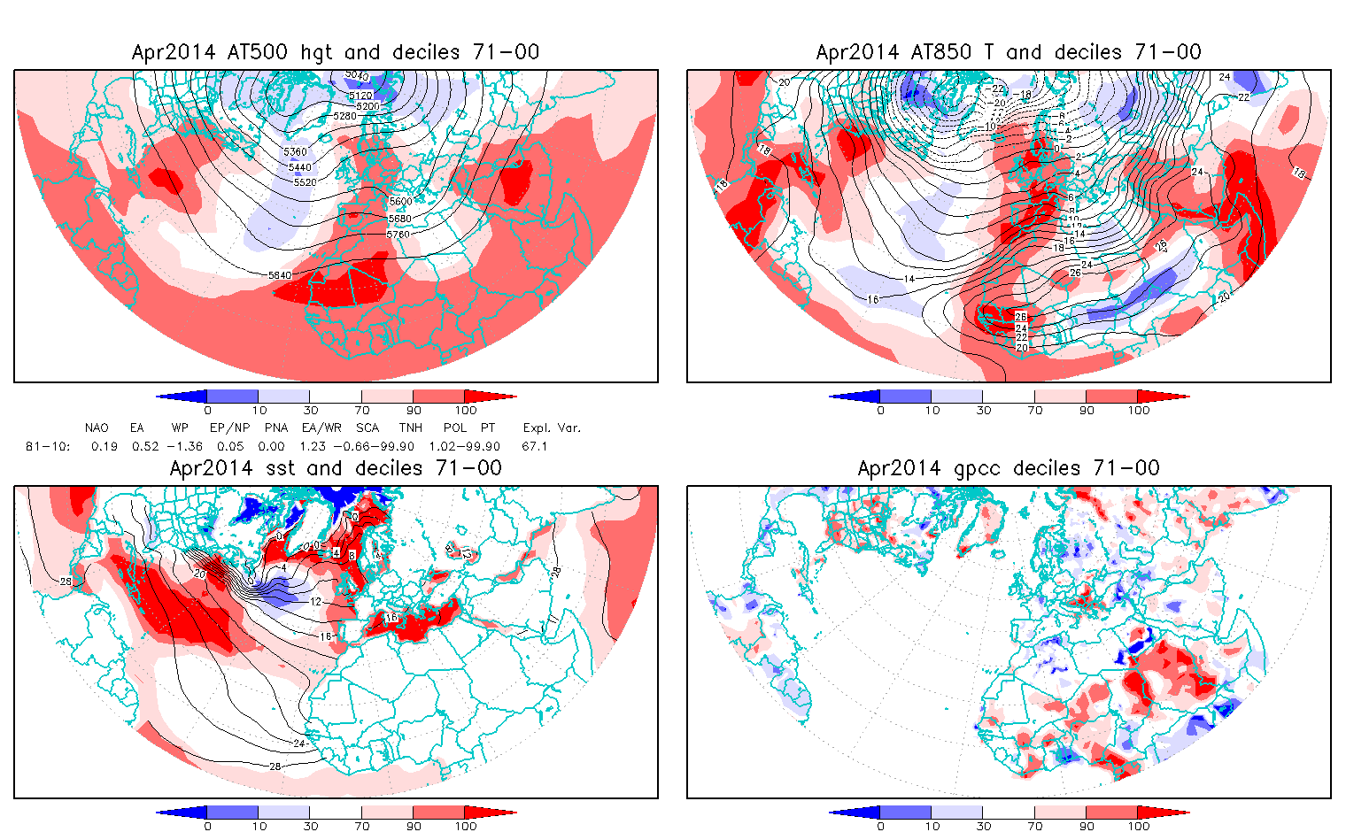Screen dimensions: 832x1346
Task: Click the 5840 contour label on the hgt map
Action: point(279,275)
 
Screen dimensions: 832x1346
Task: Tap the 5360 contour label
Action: point(296,152)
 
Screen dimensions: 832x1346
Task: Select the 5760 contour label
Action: point(398,235)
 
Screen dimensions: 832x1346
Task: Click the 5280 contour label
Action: point(344,116)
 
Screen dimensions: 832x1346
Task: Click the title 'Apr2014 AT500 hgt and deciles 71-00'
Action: point(336,52)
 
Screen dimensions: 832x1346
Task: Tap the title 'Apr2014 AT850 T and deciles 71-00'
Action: point(1009,52)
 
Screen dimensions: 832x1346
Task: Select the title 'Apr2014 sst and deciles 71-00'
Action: point(336,468)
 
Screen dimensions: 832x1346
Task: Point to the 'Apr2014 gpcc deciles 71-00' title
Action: point(1009,468)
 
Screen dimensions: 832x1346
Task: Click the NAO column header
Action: point(97,428)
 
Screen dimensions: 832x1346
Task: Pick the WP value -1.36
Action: point(185,446)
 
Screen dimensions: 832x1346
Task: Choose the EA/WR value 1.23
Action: point(313,446)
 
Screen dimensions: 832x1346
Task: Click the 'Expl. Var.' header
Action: point(552,428)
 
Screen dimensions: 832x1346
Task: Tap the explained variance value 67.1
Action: point(535,446)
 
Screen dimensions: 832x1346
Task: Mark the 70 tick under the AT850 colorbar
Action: point(1035,411)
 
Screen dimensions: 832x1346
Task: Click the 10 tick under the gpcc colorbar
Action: point(932,827)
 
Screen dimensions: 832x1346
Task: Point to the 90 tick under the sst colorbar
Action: point(414,827)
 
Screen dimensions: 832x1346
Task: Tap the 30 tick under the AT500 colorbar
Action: point(311,411)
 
